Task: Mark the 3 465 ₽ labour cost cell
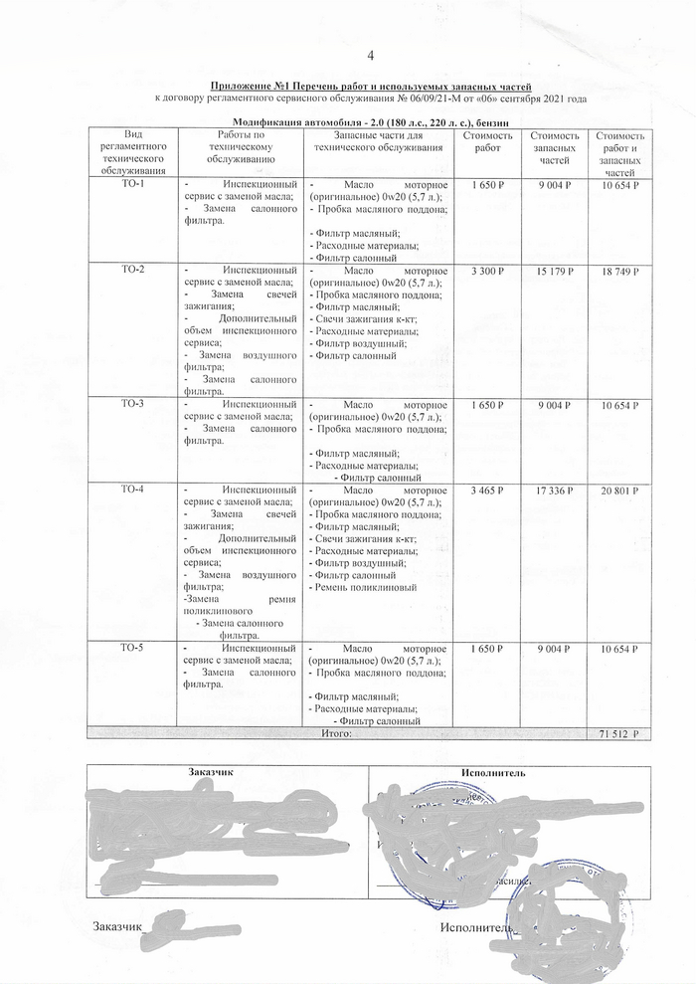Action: point(488,490)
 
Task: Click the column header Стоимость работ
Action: point(488,141)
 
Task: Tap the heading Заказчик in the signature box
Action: point(211,771)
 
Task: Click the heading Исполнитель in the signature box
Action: point(494,771)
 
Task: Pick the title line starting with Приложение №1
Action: point(370,88)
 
